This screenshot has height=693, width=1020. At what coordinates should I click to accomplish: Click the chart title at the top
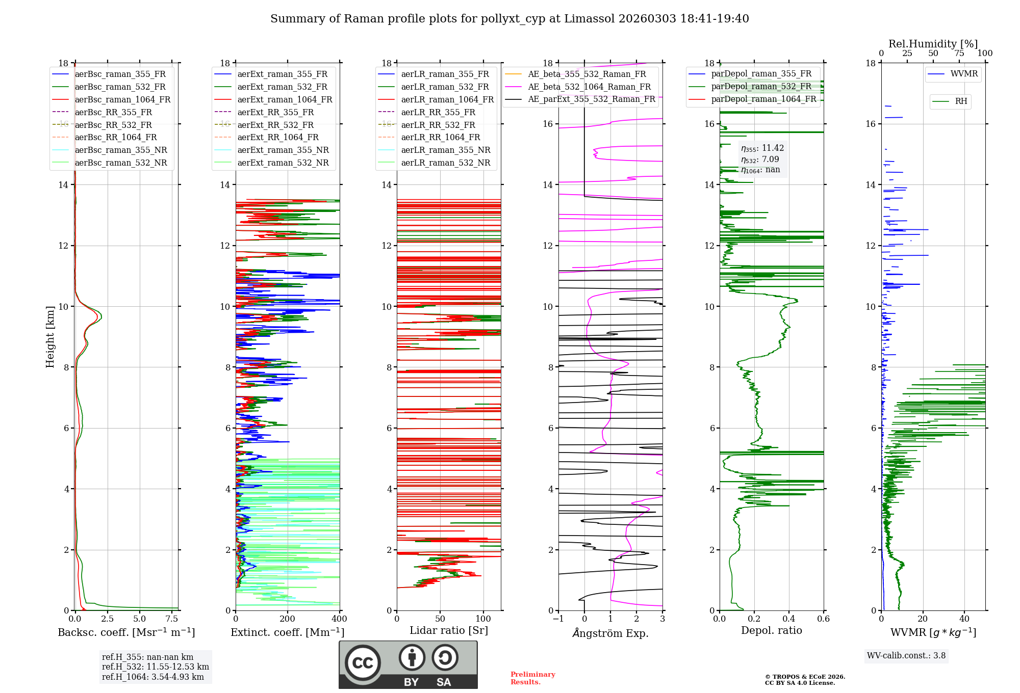(x=509, y=19)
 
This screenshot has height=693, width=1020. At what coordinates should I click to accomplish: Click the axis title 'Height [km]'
(x=50, y=337)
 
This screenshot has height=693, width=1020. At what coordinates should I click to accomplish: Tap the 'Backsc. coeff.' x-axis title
(x=126, y=632)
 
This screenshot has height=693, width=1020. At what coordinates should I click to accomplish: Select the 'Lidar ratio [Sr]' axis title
(x=449, y=631)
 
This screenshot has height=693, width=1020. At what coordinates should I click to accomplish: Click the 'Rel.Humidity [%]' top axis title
(x=933, y=44)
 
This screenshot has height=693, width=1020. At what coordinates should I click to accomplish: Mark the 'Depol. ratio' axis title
(x=772, y=630)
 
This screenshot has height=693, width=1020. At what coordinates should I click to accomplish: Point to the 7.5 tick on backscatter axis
(x=172, y=619)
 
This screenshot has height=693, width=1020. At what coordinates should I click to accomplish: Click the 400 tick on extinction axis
(x=340, y=619)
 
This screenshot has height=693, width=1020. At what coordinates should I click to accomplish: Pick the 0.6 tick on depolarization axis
(x=824, y=619)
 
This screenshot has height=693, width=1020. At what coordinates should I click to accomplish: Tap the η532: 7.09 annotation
(x=760, y=159)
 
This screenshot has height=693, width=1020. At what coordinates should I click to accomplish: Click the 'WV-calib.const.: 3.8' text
(x=906, y=656)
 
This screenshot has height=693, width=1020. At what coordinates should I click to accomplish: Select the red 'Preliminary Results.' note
(x=533, y=678)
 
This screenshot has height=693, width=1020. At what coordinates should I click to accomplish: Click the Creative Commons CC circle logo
(x=363, y=662)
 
